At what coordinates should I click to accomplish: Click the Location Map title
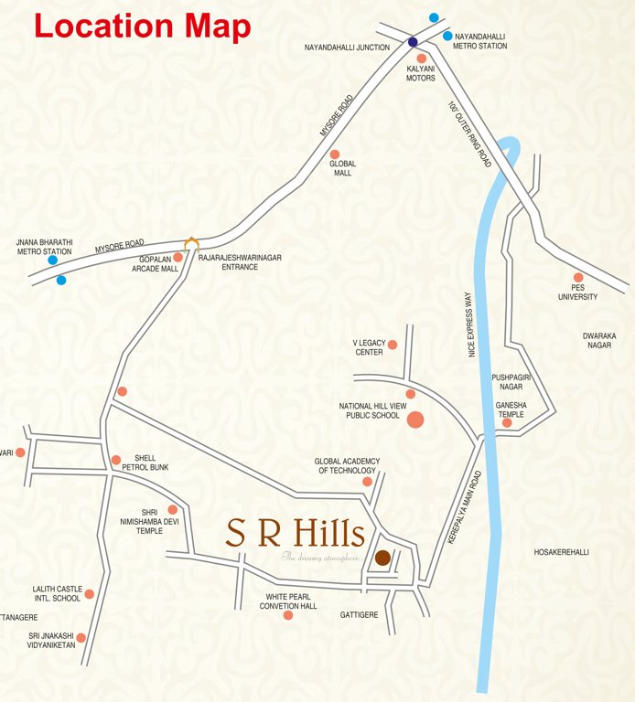point(142,26)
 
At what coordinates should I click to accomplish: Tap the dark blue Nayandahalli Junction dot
point(413,42)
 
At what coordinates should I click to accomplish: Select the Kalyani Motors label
point(421,73)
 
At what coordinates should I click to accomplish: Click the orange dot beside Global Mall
point(335,154)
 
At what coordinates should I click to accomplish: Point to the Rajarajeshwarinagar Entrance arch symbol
point(191,243)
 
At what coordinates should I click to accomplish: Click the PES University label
point(577,292)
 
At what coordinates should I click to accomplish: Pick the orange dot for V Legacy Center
point(393,345)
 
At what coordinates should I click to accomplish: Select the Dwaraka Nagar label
point(599,341)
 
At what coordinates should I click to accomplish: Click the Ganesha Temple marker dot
point(507,422)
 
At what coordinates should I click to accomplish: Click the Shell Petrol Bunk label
point(151,463)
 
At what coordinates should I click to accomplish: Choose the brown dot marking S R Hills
point(382,558)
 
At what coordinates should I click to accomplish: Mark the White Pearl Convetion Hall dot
point(288,615)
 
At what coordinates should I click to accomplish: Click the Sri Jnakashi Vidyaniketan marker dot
point(81,638)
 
